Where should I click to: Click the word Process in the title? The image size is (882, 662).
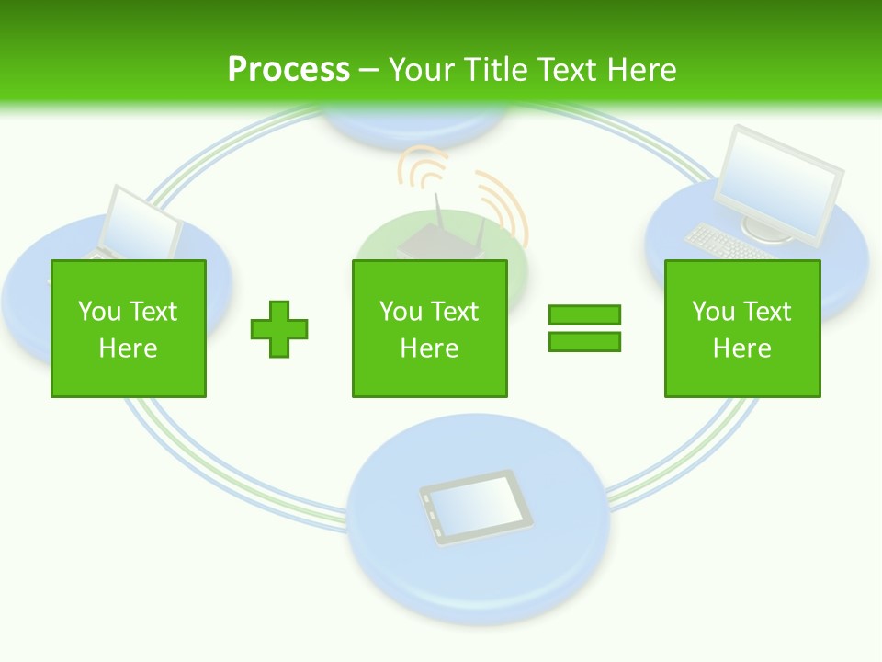tap(288, 69)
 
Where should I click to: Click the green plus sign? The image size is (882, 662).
tap(279, 328)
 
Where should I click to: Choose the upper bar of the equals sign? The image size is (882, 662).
tap(584, 315)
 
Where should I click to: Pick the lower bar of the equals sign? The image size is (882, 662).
tap(584, 341)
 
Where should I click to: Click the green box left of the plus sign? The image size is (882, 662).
tap(129, 328)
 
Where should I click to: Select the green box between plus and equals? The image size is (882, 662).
tap(429, 328)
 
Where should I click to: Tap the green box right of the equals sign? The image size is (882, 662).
tap(741, 328)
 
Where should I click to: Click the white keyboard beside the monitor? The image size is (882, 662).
tap(718, 242)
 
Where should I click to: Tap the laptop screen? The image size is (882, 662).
tap(144, 223)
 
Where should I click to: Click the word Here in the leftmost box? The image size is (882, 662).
tap(129, 348)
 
